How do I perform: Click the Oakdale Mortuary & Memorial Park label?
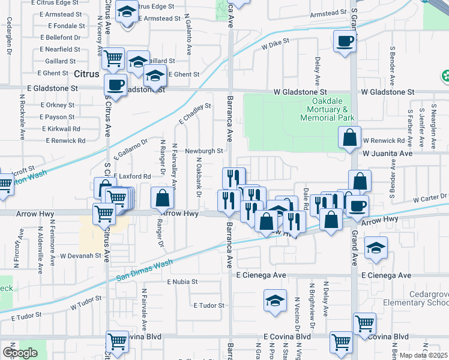pos(327,110)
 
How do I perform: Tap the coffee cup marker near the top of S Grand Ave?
pos(345,42)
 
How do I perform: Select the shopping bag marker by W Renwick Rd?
pos(349,138)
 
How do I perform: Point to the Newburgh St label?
pos(204,151)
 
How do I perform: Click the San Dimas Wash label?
pos(144,269)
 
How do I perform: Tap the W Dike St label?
pos(275,44)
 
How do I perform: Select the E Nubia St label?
pos(182,281)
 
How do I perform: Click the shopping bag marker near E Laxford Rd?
pos(162,198)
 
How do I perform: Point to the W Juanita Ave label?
pos(388,154)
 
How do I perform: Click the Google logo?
pos(20,353)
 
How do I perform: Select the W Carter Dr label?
pos(430,197)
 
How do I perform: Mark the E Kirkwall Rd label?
pos(61,129)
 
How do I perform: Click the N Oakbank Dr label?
pos(197,176)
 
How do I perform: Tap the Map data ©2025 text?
pos(423,355)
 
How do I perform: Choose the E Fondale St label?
pos(61,26)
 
